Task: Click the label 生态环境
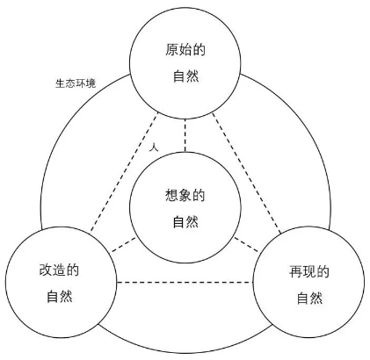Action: tap(76, 83)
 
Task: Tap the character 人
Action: tap(154, 148)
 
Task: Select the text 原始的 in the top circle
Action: tap(185, 49)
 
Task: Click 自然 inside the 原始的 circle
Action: tap(185, 76)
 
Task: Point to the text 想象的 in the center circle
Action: tap(185, 195)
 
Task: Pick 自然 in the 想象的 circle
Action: tap(185, 221)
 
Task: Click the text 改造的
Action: tap(59, 270)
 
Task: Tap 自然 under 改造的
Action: tap(60, 296)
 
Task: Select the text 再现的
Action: tap(309, 272)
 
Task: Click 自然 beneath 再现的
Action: tap(309, 299)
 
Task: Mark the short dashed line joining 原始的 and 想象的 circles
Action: tap(185, 135)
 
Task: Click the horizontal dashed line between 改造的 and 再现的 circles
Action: tap(185, 283)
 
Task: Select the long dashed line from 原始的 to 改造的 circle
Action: tap(124, 172)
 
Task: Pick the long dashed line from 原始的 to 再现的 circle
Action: tap(246, 173)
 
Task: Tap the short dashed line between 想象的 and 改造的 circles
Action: tap(124, 245)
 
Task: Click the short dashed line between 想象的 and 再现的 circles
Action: tap(246, 244)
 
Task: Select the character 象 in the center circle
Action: tap(185, 195)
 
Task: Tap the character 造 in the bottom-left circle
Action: tap(59, 270)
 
